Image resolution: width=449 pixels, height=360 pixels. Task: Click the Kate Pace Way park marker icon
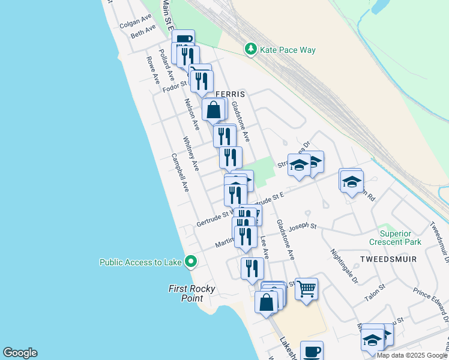(x=251, y=49)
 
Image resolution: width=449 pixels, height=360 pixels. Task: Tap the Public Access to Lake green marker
(x=191, y=262)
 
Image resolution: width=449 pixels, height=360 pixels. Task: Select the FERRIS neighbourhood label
(x=231, y=95)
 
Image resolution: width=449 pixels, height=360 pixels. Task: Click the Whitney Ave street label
(x=191, y=154)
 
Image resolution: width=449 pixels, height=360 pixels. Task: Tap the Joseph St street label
(x=302, y=227)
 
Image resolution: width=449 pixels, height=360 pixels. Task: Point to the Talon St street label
(x=375, y=293)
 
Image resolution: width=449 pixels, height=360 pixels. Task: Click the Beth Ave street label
(x=143, y=32)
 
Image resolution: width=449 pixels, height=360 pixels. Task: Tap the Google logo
(x=20, y=353)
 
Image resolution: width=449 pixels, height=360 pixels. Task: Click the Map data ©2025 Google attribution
(x=412, y=355)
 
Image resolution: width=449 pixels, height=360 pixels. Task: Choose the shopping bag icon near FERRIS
(x=213, y=110)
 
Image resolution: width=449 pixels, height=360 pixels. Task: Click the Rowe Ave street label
(x=152, y=70)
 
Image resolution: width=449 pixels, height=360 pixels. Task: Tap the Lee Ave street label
(x=264, y=247)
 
